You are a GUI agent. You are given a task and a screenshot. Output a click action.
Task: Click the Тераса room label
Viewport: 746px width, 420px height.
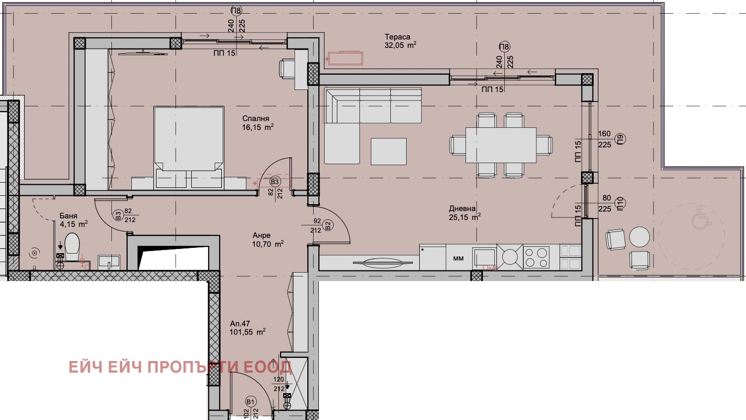(x=397, y=37)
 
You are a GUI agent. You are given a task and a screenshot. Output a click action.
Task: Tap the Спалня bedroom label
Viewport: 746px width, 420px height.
(x=256, y=118)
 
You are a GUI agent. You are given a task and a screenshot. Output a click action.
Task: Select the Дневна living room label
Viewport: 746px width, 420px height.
(x=462, y=209)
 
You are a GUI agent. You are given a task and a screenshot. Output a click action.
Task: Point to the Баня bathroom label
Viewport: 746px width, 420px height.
(x=69, y=216)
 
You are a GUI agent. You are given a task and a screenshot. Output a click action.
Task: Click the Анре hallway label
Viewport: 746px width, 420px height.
(x=262, y=235)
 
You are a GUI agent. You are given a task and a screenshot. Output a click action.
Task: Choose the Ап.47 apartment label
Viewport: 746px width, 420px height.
(x=240, y=324)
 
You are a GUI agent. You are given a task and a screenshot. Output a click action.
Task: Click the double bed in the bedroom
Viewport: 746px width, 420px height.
(x=189, y=148)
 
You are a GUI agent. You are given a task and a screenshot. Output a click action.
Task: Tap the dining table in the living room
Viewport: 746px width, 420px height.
(x=501, y=145)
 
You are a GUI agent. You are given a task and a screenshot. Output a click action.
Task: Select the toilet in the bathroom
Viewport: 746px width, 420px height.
(x=72, y=246)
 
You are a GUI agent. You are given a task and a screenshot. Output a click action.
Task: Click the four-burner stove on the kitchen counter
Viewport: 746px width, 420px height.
(x=536, y=257)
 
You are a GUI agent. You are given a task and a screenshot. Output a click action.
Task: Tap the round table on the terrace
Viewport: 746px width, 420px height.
(x=639, y=237)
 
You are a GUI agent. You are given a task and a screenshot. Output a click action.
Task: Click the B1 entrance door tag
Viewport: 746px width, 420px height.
(x=251, y=402)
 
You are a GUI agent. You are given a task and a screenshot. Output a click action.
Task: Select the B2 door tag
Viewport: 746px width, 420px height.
(x=328, y=225)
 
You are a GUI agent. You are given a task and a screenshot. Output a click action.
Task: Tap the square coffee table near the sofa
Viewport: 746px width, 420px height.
(x=389, y=152)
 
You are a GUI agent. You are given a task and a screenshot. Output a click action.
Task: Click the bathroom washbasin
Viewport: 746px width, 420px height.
(x=109, y=262)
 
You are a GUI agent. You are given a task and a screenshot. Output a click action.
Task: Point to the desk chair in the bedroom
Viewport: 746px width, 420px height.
(x=287, y=69)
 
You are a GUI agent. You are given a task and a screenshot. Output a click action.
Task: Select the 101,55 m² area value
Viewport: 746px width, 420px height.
(x=247, y=332)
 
